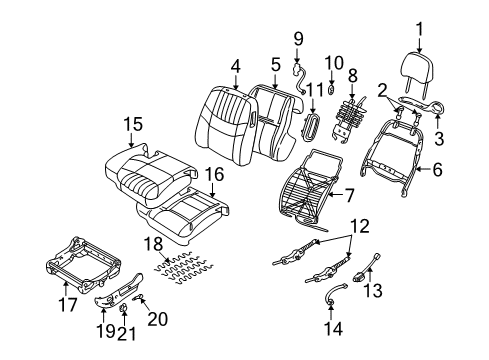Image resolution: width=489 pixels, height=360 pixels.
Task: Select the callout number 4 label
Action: [235, 67]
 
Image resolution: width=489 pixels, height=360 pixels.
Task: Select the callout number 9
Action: [297, 39]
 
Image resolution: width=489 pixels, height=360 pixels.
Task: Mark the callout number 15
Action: [132, 124]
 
